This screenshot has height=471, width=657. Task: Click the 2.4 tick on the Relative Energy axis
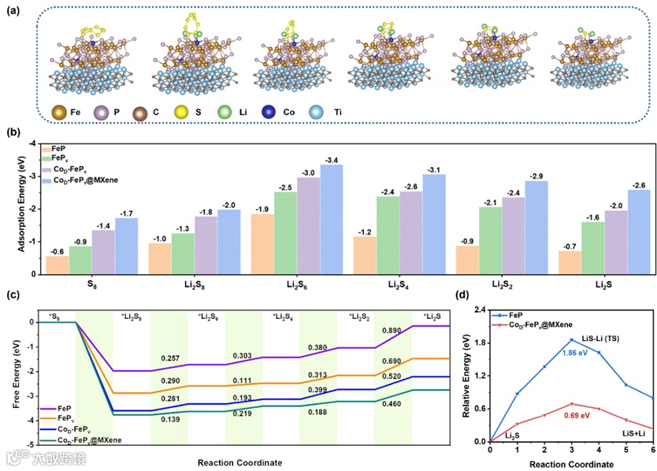(x=477, y=310)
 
